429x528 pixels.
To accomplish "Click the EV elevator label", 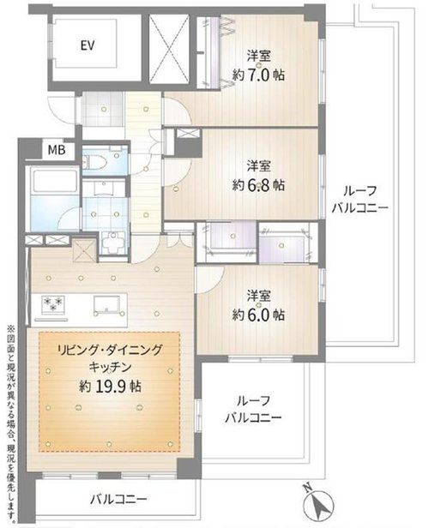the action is click(88, 45).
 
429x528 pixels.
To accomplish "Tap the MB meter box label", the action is click(57, 149).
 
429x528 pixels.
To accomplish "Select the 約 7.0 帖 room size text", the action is click(258, 75).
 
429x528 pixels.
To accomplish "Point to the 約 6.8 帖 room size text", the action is click(258, 185).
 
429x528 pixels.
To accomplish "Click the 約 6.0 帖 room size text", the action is click(258, 315).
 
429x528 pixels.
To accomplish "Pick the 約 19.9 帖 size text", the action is click(110, 387).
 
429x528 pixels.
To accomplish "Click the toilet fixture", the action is click(95, 163).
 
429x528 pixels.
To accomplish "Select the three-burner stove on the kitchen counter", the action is click(53, 303).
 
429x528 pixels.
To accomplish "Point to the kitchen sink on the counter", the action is click(107, 304).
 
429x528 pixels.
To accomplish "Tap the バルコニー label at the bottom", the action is click(118, 499).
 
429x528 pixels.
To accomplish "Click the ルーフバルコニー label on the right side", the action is click(360, 200).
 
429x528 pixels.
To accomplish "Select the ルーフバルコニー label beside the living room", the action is click(253, 410).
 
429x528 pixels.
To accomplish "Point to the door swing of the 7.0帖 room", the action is click(178, 110).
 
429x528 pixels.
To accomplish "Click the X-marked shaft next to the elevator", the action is click(170, 48).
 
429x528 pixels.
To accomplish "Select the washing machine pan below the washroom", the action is click(113, 243).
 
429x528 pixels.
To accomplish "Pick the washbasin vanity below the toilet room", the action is click(105, 188).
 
